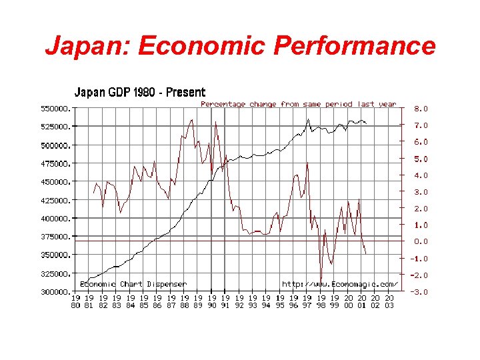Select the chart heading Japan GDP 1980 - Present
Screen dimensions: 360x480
(139, 92)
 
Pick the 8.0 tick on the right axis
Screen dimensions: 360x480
(421, 108)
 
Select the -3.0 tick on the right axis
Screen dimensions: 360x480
(419, 292)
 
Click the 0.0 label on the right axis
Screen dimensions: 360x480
(421, 241)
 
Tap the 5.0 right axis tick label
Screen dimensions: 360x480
(421, 159)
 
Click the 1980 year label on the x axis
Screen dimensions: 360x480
(75, 301)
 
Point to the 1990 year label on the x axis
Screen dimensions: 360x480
(211, 301)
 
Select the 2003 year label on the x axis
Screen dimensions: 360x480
(389, 301)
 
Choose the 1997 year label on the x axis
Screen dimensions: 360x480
(307, 301)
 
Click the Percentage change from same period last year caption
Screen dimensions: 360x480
(299, 104)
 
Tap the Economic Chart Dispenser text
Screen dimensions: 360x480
(133, 284)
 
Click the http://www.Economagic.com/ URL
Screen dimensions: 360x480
(340, 284)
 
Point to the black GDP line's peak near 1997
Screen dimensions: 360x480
(308, 120)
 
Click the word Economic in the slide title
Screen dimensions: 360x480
(204, 46)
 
